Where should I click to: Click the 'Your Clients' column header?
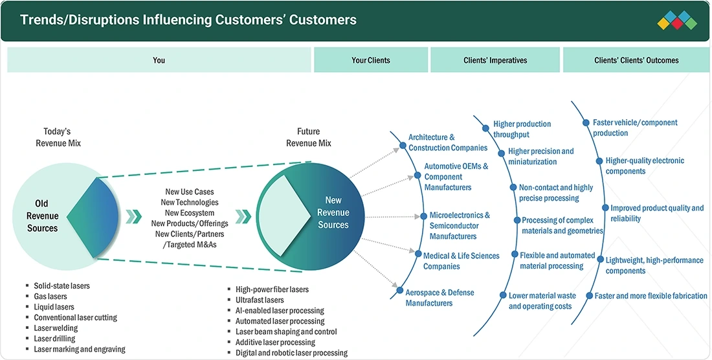click(x=370, y=60)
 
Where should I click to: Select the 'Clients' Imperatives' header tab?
click(x=495, y=60)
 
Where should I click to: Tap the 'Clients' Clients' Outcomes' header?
click(x=636, y=60)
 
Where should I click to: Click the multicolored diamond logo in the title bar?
click(x=676, y=21)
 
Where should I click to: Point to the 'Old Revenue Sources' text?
click(x=42, y=216)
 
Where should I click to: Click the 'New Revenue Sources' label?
click(x=333, y=212)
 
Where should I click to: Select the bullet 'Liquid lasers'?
click(x=54, y=307)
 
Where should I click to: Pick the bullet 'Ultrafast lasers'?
click(x=260, y=300)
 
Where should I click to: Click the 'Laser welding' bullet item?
click(x=56, y=328)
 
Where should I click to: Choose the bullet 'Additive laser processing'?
click(x=275, y=343)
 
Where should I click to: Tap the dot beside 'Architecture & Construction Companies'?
click(x=403, y=146)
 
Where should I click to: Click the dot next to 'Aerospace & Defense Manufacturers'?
click(x=399, y=291)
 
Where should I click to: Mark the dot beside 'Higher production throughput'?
click(x=485, y=128)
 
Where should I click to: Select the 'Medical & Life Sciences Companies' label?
click(x=462, y=261)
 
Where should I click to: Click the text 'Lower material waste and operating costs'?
click(x=542, y=301)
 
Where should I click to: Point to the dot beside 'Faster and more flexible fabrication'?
click(x=589, y=296)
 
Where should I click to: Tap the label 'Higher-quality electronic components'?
click(x=645, y=166)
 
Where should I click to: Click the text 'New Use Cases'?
click(x=190, y=192)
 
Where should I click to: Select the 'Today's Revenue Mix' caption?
click(x=58, y=137)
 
